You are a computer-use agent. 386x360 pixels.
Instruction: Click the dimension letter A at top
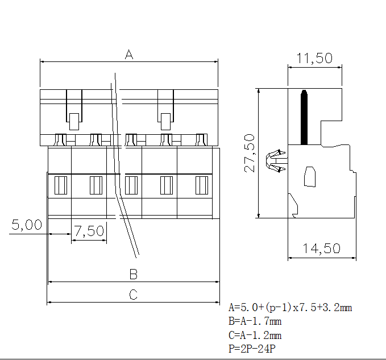(129, 55)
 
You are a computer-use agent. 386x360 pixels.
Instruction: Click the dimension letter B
(133, 275)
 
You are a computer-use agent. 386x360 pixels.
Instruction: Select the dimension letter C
(133, 295)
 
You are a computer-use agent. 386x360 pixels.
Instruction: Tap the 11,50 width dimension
(314, 58)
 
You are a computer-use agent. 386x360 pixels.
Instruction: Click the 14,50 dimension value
(321, 249)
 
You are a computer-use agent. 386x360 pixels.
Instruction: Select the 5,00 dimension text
(27, 225)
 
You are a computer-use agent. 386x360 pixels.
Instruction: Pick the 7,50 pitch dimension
(89, 231)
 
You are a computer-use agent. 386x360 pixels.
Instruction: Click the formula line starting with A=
(290, 308)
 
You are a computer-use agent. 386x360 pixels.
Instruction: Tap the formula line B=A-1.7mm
(255, 321)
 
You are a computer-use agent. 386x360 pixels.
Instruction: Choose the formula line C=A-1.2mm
(255, 335)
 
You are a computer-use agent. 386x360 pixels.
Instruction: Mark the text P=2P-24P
(252, 348)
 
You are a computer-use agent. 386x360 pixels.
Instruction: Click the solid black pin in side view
(304, 117)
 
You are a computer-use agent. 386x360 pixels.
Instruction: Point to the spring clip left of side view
(276, 160)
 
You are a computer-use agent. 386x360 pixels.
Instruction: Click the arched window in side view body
(310, 176)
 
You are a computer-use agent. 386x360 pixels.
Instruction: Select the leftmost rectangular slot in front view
(60, 185)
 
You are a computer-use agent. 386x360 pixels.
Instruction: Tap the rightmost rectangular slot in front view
(202, 185)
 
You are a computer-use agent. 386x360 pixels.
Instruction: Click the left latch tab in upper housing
(74, 120)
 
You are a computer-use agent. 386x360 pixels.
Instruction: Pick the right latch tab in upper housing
(165, 121)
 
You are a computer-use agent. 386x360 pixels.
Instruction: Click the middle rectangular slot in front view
(131, 185)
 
